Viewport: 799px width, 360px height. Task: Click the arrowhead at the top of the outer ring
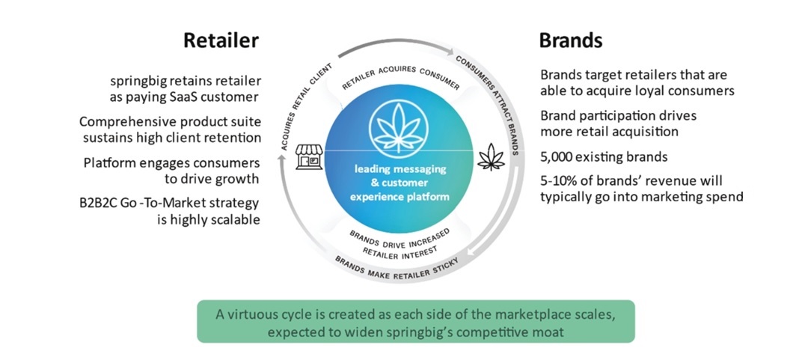(450, 52)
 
